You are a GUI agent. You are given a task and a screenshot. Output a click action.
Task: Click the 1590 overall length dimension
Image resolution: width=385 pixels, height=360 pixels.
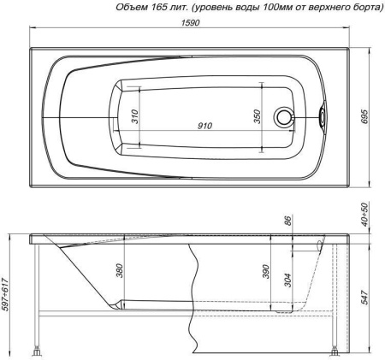190,23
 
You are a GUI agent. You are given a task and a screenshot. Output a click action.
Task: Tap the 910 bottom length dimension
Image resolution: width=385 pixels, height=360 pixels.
204,126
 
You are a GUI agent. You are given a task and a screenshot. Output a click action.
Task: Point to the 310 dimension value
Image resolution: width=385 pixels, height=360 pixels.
134,116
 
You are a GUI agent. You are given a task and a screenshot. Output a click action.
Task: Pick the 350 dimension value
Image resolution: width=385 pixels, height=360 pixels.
258,116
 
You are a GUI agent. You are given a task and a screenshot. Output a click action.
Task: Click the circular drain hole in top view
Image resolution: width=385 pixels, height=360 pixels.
284,116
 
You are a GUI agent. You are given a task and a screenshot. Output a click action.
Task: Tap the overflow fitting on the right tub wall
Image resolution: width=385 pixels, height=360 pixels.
322,116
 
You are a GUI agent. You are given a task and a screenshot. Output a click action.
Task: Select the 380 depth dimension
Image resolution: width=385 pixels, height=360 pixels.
120,270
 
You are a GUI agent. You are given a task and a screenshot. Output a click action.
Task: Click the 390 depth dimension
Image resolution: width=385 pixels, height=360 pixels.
266,272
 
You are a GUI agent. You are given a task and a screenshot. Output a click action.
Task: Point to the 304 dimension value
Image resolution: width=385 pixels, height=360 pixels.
288,280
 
